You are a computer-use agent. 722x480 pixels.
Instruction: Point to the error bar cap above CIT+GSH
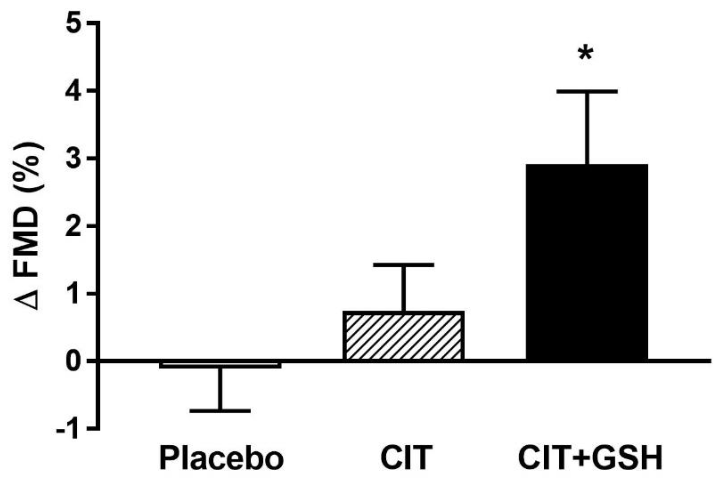[x=587, y=91]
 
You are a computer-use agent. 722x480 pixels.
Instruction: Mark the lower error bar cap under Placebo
[x=220, y=410]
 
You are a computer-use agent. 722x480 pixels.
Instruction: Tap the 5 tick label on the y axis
[x=74, y=24]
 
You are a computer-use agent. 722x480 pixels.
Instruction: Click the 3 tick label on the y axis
[x=74, y=159]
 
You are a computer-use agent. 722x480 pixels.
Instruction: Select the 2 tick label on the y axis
[x=74, y=227]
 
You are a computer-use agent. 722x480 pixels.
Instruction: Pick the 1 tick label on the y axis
[x=74, y=294]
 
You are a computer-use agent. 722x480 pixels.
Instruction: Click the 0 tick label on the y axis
[x=74, y=361]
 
